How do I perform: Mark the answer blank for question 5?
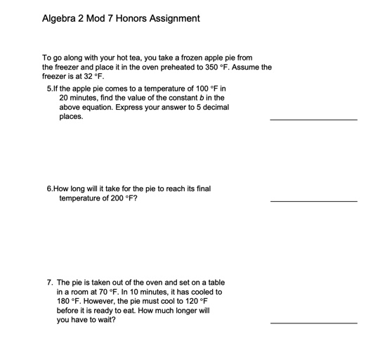[313, 120]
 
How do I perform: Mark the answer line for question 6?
[313, 201]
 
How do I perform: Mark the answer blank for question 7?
[313, 322]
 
